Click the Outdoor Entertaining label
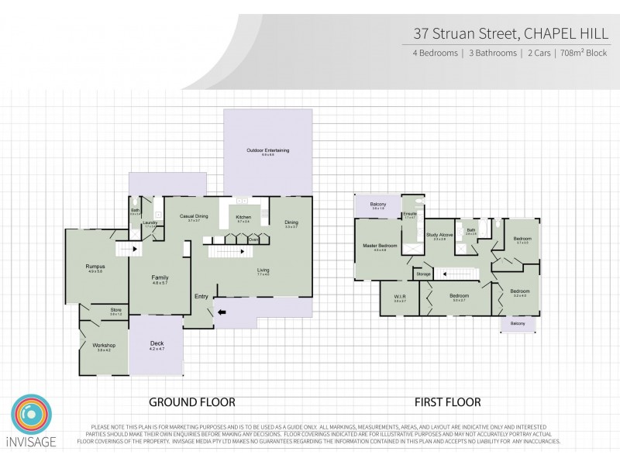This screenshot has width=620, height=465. point(268,150)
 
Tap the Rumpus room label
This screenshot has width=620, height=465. point(95,267)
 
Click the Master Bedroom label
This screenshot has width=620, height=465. point(380,246)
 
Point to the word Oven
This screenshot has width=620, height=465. point(253,240)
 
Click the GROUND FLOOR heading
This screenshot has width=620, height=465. point(191,402)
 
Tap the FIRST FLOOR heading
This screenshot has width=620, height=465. point(447,402)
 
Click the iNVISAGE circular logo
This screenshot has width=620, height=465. point(32,415)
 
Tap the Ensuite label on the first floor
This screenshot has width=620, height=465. point(411,215)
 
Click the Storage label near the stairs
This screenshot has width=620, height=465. point(423,274)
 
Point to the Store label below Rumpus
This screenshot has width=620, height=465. point(115,311)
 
